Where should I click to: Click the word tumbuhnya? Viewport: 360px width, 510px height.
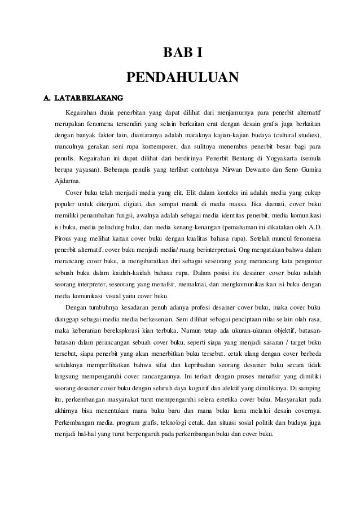coord(103,308)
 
